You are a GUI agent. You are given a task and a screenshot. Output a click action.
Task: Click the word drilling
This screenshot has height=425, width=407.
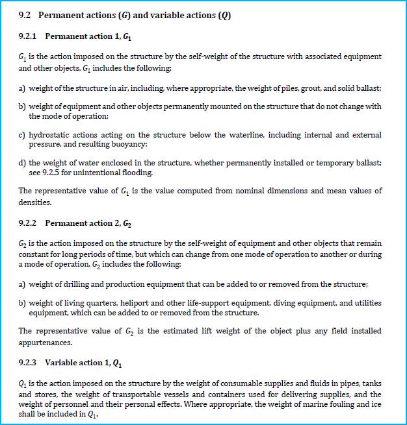tap(73, 285)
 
